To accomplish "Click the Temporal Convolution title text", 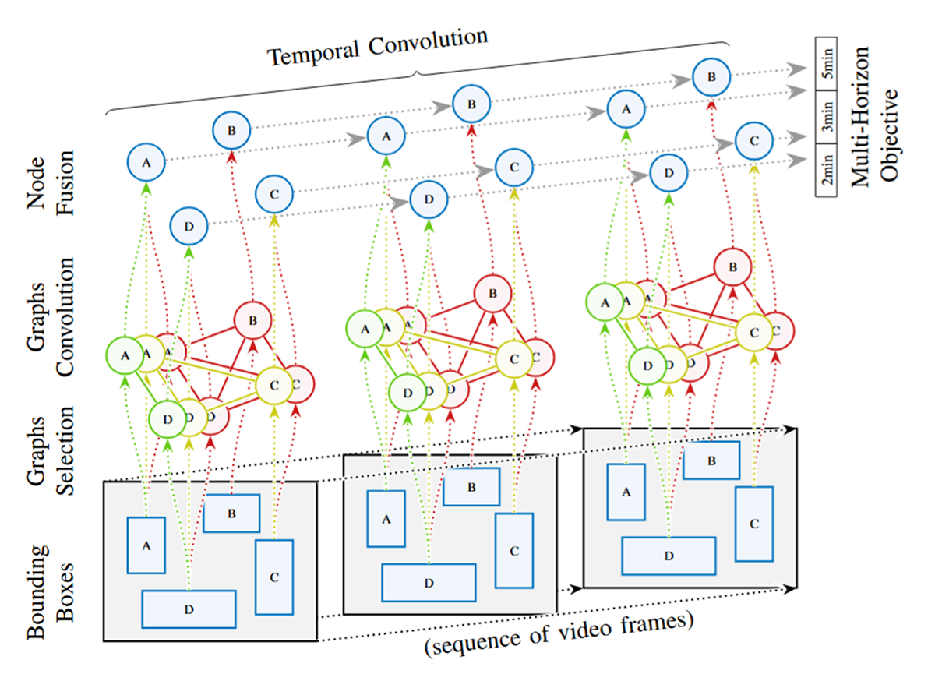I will point(378,47).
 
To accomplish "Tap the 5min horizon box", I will point(825,63).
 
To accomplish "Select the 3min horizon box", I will point(825,117).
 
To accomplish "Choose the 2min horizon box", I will point(825,171).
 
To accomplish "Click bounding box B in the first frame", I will point(231,513).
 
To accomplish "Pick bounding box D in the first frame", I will point(189,609).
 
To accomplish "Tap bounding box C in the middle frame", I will point(514,550).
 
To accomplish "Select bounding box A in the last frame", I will point(626,492).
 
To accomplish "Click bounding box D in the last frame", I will point(669,556).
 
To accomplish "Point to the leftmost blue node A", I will point(146,162).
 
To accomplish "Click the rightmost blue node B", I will point(711,77).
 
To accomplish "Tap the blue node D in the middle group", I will point(429,199).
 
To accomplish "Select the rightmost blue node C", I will point(754,141).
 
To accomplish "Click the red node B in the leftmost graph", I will point(252,319).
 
